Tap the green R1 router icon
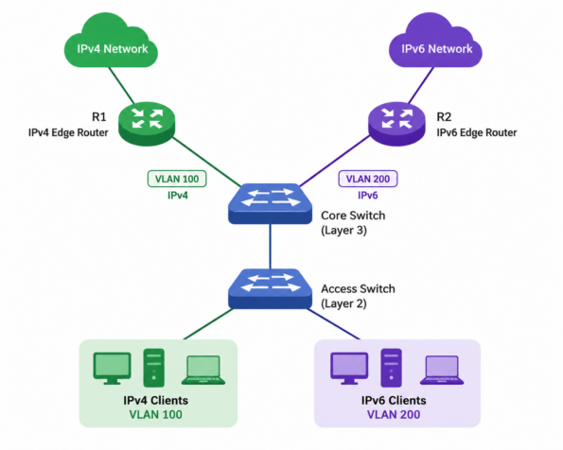click(x=147, y=124)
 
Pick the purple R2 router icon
click(x=396, y=124)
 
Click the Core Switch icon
click(x=270, y=204)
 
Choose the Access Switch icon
click(x=270, y=289)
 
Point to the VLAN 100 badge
click(x=177, y=179)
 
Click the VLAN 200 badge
click(x=368, y=179)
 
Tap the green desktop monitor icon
click(x=112, y=368)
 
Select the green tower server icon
click(x=154, y=368)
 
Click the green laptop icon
click(x=203, y=370)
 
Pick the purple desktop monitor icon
click(x=349, y=368)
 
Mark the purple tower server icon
click(x=392, y=368)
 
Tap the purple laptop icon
click(x=442, y=370)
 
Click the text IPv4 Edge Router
click(x=68, y=132)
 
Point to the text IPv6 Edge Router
click(x=477, y=132)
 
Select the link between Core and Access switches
click(x=270, y=247)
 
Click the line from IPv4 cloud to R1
click(x=121, y=85)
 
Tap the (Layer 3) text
click(x=343, y=231)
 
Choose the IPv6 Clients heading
click(x=394, y=401)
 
